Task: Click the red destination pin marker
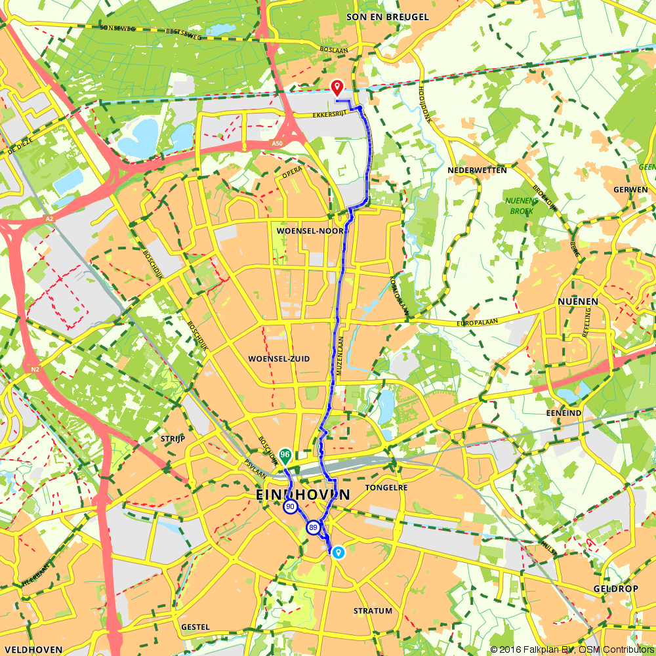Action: [337, 87]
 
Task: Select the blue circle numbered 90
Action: [290, 507]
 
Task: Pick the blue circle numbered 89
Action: [314, 527]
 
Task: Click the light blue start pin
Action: [338, 552]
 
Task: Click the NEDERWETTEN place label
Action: [477, 170]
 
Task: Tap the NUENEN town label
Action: [577, 301]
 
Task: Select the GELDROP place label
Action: [615, 588]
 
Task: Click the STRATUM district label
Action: [373, 611]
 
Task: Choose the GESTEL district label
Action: [195, 627]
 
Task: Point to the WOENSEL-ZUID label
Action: [279, 359]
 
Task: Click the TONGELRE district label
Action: [386, 487]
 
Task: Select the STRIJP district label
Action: [173, 438]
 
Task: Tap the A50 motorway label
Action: [277, 143]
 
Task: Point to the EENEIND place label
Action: [564, 414]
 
